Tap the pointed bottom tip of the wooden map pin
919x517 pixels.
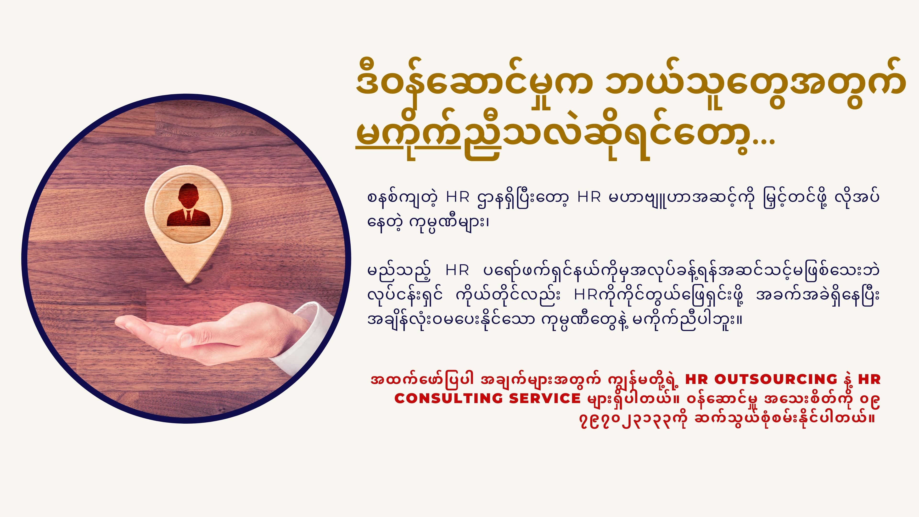[x=188, y=283]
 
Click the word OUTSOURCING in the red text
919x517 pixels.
[x=776, y=379]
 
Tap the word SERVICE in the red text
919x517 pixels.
[x=545, y=398]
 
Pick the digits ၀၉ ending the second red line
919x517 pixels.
[x=869, y=401]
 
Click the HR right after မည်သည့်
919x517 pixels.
[x=457, y=271]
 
